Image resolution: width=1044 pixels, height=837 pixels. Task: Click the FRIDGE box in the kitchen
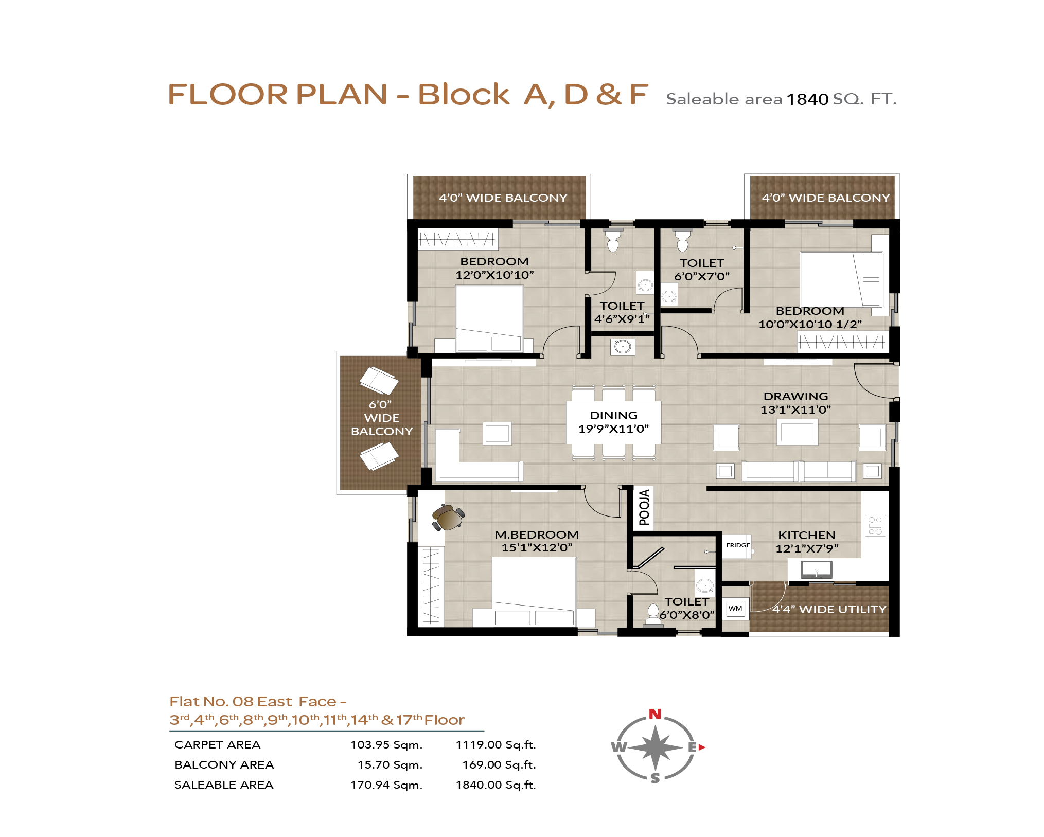[738, 546]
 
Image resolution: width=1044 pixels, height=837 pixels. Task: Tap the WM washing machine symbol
[735, 609]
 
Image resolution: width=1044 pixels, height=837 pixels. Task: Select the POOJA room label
[644, 508]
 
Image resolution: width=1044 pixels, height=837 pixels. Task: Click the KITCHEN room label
[806, 535]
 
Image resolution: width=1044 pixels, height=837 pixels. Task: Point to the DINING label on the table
[613, 415]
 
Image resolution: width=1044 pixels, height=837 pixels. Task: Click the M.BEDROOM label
[537, 535]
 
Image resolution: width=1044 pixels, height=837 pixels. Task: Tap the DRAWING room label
[795, 396]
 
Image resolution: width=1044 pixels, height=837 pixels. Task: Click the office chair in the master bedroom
[448, 517]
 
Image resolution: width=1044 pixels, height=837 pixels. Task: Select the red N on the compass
[654, 714]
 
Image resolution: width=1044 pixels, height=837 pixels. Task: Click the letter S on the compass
[655, 778]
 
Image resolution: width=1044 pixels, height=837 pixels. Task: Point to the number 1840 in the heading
[807, 99]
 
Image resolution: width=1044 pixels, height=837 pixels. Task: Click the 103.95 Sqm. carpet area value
[386, 745]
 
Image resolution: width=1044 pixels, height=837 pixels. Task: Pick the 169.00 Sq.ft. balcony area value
[499, 765]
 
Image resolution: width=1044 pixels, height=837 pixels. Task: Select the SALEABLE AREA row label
[224, 785]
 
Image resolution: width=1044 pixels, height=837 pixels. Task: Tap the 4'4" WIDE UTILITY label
[829, 610]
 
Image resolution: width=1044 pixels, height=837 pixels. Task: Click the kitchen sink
[816, 569]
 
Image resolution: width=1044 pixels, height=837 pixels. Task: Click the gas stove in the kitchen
[875, 525]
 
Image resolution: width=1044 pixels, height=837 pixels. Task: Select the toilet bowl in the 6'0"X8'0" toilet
[653, 614]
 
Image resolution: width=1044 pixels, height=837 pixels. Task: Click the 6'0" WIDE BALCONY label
[382, 418]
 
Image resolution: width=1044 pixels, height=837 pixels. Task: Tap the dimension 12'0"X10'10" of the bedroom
[494, 275]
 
